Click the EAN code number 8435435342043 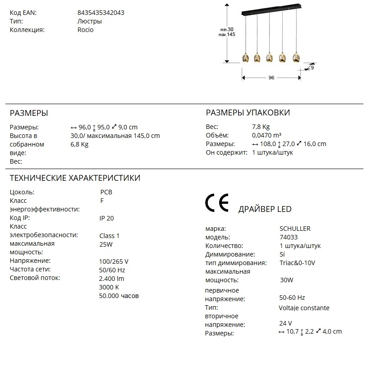pyautogui.click(x=101, y=13)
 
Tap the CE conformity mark pyautogui.click(x=217, y=203)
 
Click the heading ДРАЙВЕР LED pyautogui.click(x=265, y=209)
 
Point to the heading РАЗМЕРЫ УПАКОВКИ pyautogui.click(x=248, y=113)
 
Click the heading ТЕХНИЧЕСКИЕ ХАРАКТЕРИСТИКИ pyautogui.click(x=75, y=178)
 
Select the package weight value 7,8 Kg pyautogui.click(x=261, y=127)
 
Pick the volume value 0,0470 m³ pyautogui.click(x=266, y=135)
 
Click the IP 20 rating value pyautogui.click(x=106, y=218)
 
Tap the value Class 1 pyautogui.click(x=110, y=235)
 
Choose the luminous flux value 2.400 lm pyautogui.click(x=111, y=279)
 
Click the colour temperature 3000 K pyautogui.click(x=109, y=287)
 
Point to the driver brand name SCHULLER pyautogui.click(x=295, y=229)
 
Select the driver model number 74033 pyautogui.click(x=289, y=237)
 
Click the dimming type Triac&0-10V pyautogui.click(x=298, y=263)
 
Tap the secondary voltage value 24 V pyautogui.click(x=285, y=323)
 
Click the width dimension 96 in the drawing pyautogui.click(x=271, y=78)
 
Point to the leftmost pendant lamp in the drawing pyautogui.click(x=244, y=58)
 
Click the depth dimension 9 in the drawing pyautogui.click(x=312, y=67)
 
